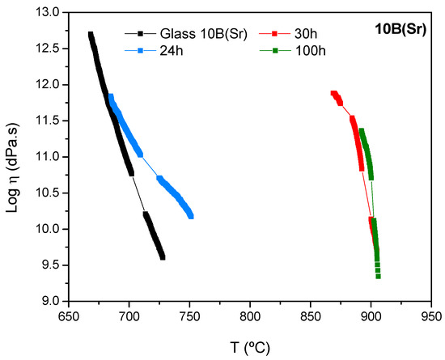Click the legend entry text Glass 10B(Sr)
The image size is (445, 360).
[x=193, y=33]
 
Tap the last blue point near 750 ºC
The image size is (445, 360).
[x=191, y=216]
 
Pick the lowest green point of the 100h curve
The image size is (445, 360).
[x=378, y=276]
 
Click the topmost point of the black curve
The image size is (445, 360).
[x=91, y=34]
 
